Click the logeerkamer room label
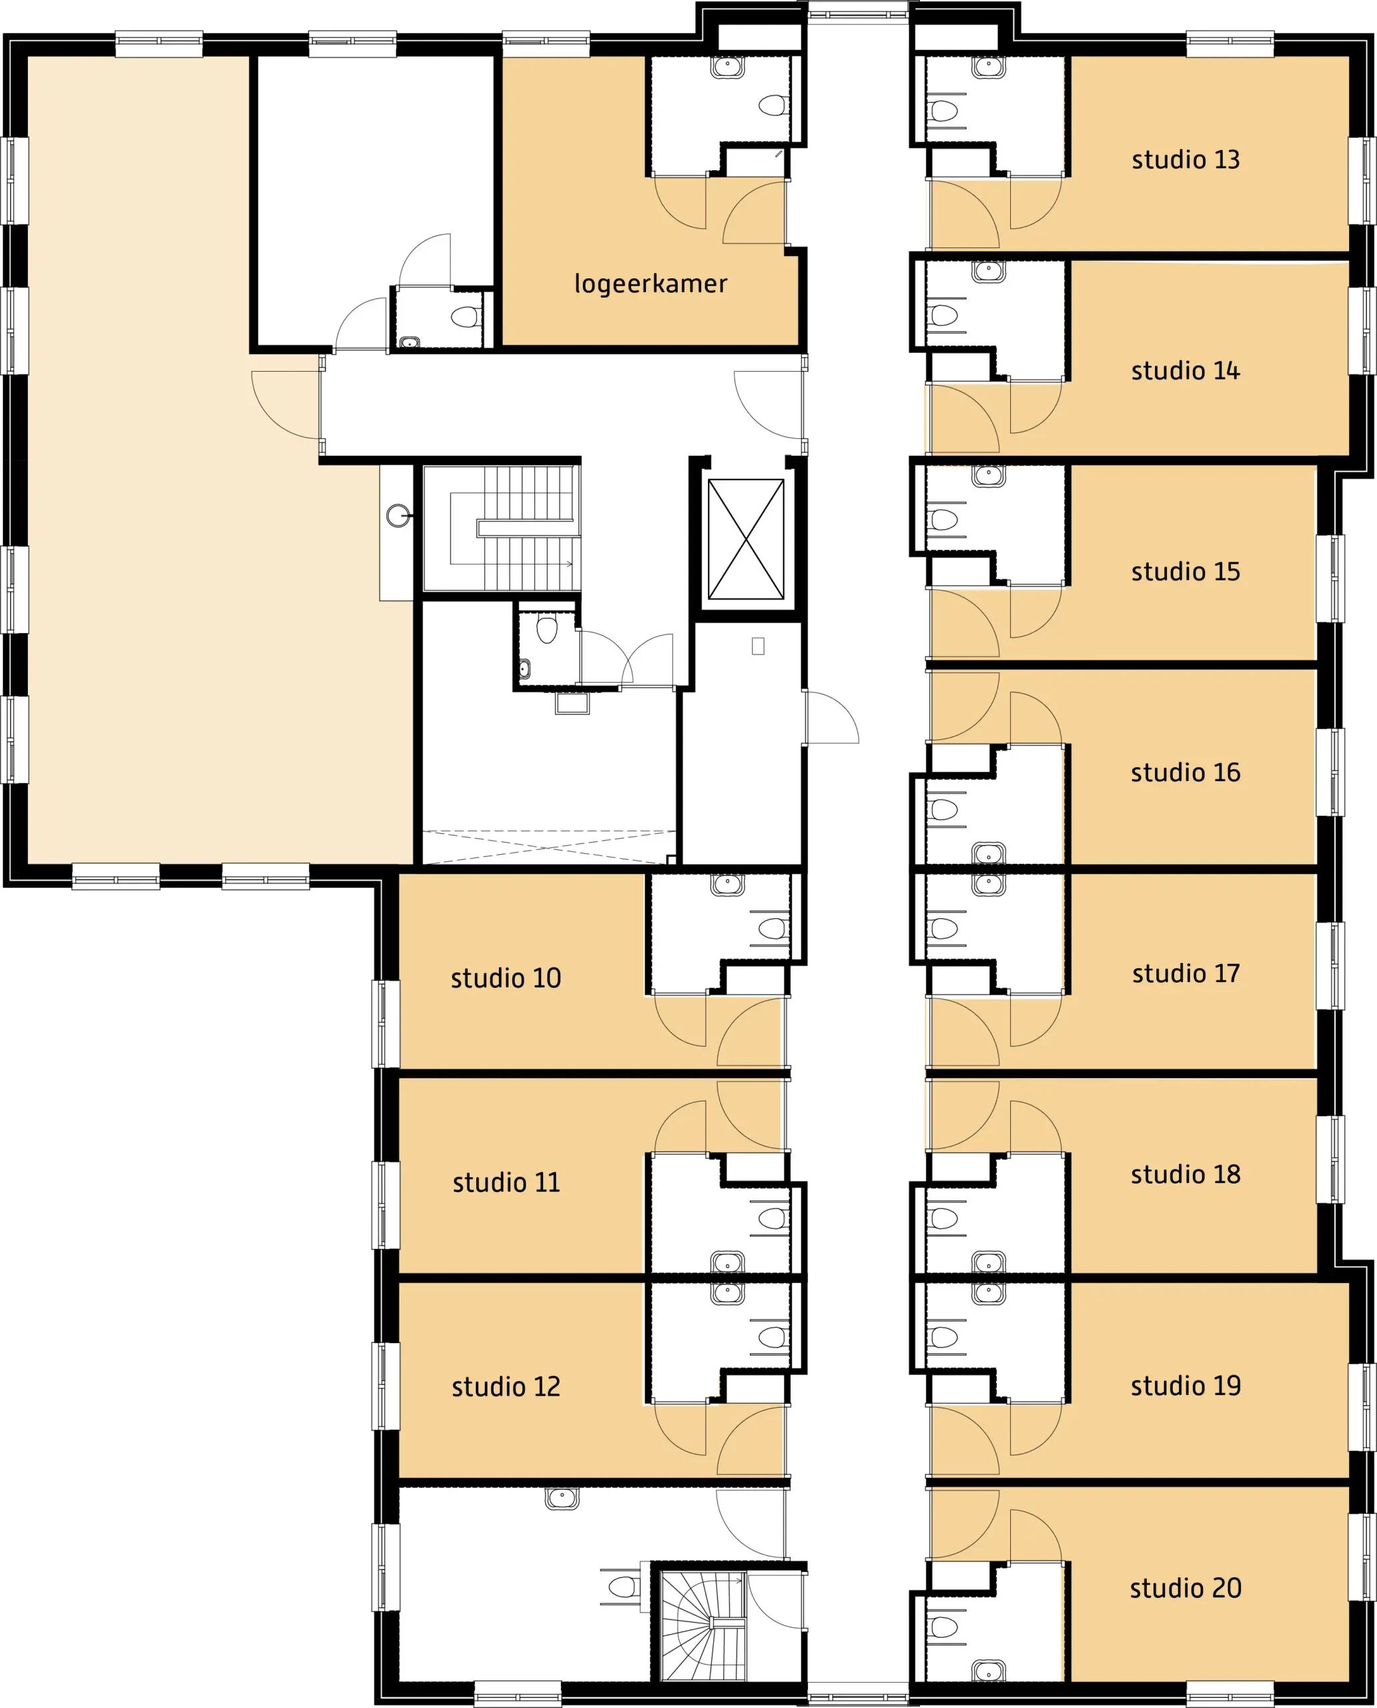(x=650, y=283)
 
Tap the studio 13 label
(x=1185, y=159)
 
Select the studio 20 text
(x=1185, y=1588)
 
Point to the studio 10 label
(x=506, y=978)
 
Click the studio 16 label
(x=1185, y=773)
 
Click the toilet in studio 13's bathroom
(x=944, y=110)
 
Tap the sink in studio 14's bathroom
(x=988, y=272)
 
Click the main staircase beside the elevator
(x=501, y=528)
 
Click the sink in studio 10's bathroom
(x=727, y=885)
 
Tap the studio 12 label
(x=506, y=1386)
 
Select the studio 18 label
(x=1185, y=1174)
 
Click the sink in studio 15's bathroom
(x=988, y=475)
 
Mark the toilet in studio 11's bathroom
(x=773, y=1218)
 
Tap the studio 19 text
(x=1185, y=1386)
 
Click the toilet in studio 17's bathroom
(x=944, y=928)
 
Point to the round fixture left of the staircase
(x=398, y=516)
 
